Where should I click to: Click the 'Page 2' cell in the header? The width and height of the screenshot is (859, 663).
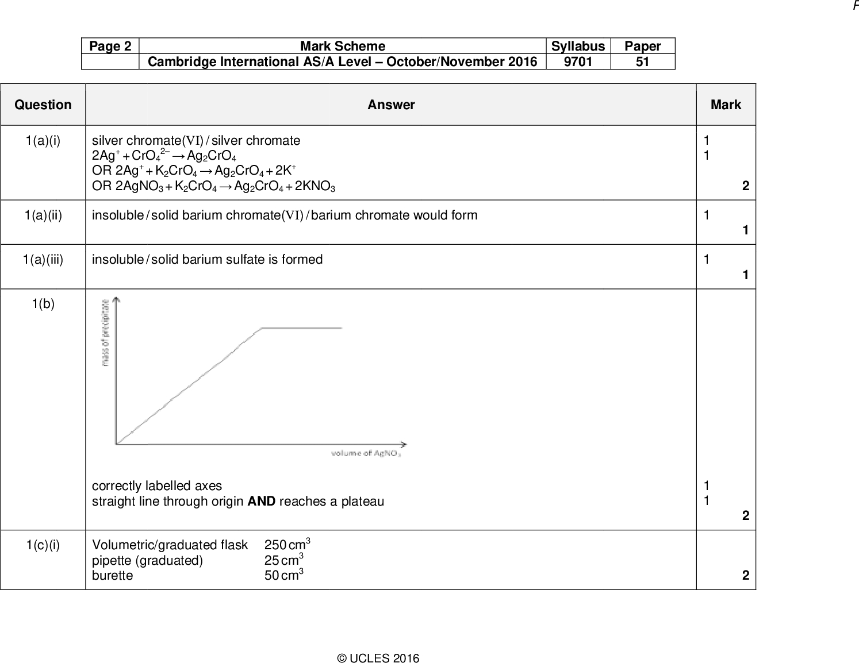point(110,46)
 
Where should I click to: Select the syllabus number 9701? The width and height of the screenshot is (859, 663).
point(578,61)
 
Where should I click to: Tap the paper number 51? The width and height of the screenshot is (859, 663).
point(642,61)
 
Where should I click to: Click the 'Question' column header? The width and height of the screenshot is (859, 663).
point(43,105)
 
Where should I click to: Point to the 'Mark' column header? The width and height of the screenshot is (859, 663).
point(726,105)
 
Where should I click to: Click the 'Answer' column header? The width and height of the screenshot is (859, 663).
point(391,105)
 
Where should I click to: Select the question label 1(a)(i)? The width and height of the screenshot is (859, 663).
point(43,140)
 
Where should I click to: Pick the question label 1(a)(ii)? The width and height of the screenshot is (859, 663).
point(43,215)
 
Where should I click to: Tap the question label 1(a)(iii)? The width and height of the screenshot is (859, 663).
point(43,259)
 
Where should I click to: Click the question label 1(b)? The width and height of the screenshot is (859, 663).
point(43,303)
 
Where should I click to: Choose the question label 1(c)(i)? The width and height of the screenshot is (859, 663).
point(43,545)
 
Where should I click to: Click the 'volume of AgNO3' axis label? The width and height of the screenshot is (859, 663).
point(366,454)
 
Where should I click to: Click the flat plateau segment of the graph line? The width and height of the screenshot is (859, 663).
point(302,327)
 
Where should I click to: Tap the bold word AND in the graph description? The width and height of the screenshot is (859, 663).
point(261,501)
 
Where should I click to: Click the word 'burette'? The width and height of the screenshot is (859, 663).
point(112,575)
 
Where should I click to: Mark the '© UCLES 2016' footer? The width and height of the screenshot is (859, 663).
point(378,658)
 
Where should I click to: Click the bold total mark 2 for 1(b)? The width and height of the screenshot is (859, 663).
point(746,515)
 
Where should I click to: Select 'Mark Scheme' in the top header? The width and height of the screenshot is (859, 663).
point(343,46)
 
